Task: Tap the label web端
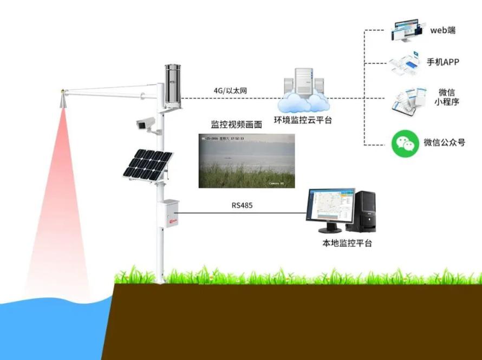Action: [442, 30]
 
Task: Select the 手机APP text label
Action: [442, 62]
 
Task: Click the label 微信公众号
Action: [444, 143]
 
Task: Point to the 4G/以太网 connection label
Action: [231, 90]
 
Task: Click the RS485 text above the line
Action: [242, 206]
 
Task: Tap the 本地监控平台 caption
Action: [347, 244]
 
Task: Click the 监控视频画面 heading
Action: [236, 125]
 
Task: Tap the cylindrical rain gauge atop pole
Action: [174, 84]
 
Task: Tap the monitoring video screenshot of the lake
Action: [246, 161]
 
